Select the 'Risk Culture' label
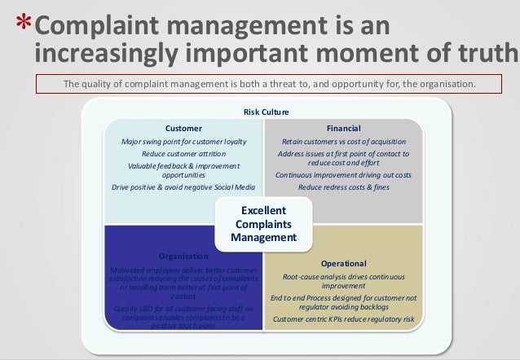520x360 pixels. point(266,112)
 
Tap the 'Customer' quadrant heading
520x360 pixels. point(183,129)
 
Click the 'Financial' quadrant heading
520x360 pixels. point(343,129)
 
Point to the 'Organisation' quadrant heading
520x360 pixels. point(183,257)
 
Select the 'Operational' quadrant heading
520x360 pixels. point(343,263)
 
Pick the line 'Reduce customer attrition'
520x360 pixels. point(183,153)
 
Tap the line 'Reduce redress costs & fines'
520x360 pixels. point(343,187)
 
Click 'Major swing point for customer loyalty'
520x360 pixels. point(183,141)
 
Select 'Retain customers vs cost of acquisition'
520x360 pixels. point(343,141)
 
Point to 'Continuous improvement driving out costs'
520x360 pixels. point(343,175)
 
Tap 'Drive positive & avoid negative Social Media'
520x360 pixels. point(183,187)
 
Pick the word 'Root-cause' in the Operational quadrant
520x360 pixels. point(292,276)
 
